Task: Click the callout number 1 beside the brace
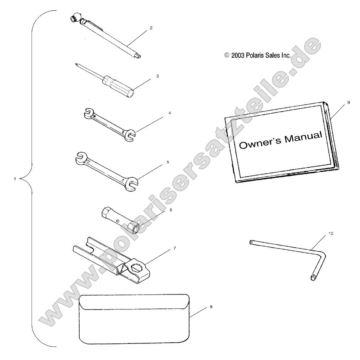(15, 178)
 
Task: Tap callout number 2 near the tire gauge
(151, 28)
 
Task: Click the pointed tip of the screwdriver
(76, 64)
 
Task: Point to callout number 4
(170, 113)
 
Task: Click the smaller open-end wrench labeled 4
(109, 124)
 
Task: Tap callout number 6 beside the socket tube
(171, 210)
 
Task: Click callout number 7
(174, 248)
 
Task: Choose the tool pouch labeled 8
(134, 319)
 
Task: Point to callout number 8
(211, 307)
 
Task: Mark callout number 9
(348, 102)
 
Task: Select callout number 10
(331, 233)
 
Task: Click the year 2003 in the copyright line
(238, 56)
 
